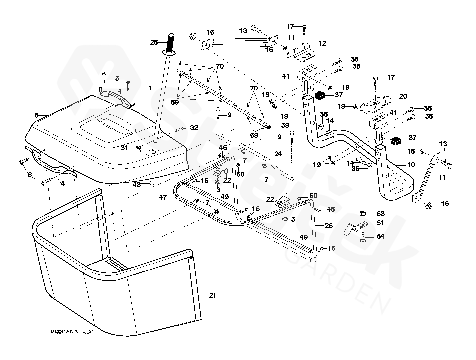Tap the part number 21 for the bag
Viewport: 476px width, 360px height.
212,296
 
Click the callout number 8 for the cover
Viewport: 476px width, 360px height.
36,115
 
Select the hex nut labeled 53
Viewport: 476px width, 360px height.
363,213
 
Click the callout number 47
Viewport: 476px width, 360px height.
163,197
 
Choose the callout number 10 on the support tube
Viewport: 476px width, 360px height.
411,165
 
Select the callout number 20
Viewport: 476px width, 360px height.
403,96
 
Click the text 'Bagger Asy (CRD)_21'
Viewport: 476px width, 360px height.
72,331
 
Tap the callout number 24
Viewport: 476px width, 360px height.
278,154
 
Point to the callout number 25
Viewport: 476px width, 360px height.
329,226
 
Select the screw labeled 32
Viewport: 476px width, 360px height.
179,129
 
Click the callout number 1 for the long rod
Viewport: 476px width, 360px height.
150,88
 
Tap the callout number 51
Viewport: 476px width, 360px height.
380,223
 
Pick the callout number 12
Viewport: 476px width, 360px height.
322,43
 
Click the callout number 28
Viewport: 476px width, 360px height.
154,42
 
